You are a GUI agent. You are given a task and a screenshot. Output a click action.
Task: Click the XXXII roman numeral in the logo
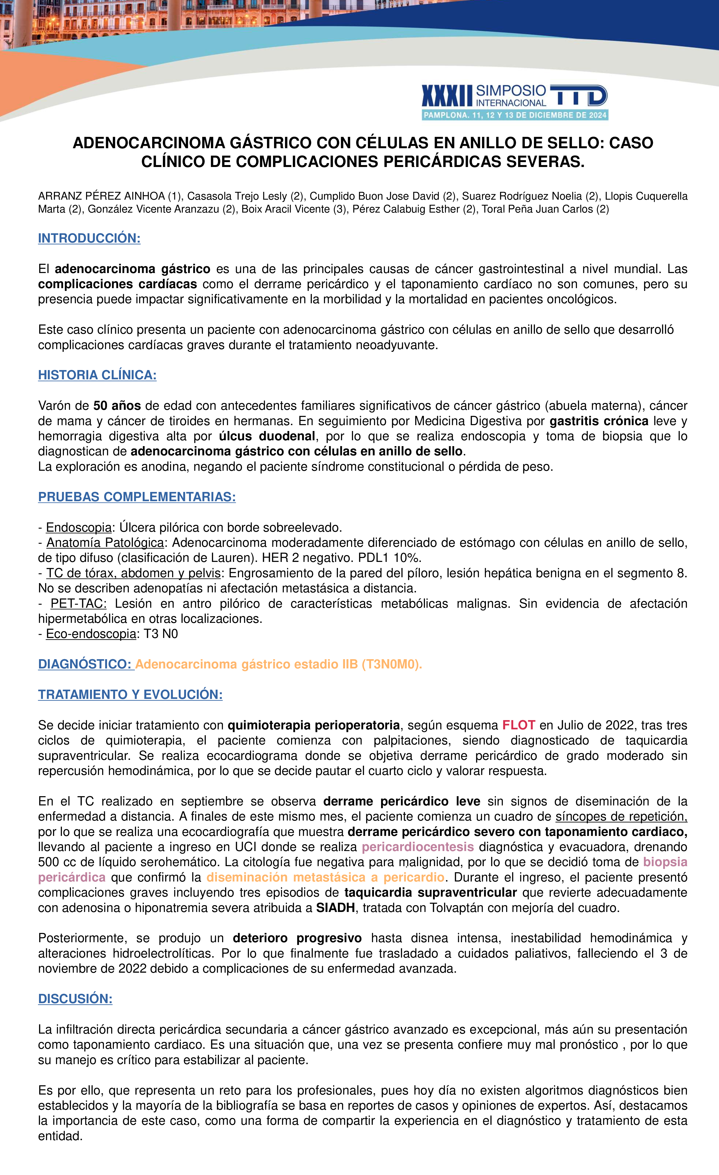click(447, 96)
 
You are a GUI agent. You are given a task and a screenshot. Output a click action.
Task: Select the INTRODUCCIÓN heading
click(89, 238)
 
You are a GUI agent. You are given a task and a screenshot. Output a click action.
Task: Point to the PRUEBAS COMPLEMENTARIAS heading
click(137, 497)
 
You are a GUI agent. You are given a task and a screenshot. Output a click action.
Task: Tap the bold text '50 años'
click(117, 406)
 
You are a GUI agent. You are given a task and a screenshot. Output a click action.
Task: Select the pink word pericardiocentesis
click(418, 847)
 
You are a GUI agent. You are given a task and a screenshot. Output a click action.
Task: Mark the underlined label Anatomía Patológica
click(105, 543)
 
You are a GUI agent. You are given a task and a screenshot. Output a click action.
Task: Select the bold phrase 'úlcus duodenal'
click(267, 436)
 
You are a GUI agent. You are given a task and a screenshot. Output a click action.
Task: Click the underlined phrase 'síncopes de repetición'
click(621, 816)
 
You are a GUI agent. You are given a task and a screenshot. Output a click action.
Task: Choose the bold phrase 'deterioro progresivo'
click(297, 938)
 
